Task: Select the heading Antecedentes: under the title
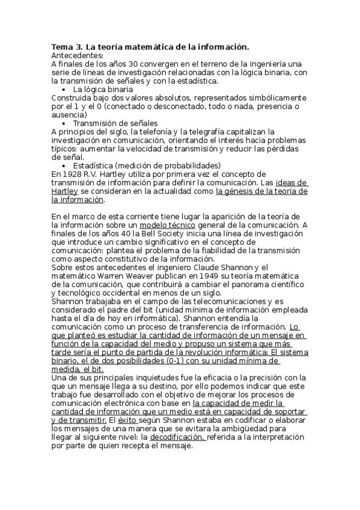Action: [78, 55]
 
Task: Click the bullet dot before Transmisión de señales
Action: [64, 123]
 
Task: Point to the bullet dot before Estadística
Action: [64, 165]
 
